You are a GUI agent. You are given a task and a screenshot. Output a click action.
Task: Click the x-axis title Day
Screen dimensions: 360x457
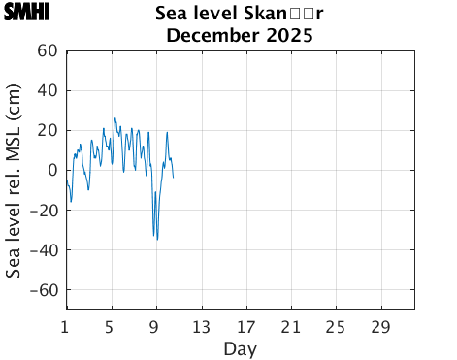point(240,348)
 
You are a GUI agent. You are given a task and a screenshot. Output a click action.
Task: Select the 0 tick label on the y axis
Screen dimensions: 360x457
point(53,170)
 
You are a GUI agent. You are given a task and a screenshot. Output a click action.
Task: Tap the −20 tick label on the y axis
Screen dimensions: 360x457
point(45,210)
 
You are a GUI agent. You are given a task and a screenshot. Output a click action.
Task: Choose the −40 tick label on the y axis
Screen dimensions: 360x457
point(45,249)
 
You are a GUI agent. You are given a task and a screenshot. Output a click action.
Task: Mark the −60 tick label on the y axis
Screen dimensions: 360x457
point(45,289)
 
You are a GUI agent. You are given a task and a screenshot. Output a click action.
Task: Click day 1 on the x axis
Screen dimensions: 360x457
point(66,325)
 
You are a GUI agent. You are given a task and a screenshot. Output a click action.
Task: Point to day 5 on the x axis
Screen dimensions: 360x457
point(111,325)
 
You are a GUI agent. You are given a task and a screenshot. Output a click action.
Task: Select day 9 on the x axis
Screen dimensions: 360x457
point(155,325)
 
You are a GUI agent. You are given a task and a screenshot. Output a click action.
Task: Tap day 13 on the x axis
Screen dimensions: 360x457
point(201,325)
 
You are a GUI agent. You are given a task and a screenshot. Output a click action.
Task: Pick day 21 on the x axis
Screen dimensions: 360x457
point(290,325)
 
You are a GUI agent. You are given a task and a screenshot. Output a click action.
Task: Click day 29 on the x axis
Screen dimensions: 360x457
point(380,325)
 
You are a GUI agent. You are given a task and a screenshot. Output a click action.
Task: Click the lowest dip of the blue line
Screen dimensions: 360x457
point(157,239)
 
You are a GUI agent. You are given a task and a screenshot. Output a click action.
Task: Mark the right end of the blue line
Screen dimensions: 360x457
point(173,178)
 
